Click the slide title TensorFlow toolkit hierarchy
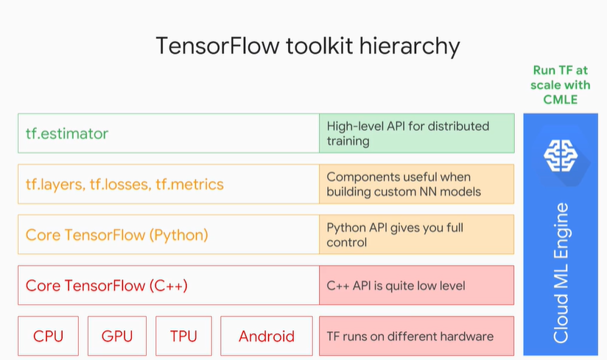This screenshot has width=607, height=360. pyautogui.click(x=308, y=46)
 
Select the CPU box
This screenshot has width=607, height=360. pyautogui.click(x=49, y=336)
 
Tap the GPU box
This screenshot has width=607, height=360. pyautogui.click(x=117, y=336)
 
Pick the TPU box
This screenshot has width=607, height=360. pyautogui.click(x=183, y=336)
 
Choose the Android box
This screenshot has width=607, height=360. pyautogui.click(x=267, y=336)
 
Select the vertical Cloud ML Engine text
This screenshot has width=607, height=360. pyautogui.click(x=561, y=272)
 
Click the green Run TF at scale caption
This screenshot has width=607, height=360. pyautogui.click(x=561, y=85)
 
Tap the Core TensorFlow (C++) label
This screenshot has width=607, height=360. pyautogui.click(x=107, y=286)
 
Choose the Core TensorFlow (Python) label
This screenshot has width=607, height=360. pyautogui.click(x=117, y=235)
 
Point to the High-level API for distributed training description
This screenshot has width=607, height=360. pyautogui.click(x=407, y=133)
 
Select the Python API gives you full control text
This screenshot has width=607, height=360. pyautogui.click(x=395, y=235)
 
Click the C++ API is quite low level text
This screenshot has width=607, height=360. pyautogui.click(x=396, y=286)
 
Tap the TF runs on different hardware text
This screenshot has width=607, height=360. pyautogui.click(x=410, y=336)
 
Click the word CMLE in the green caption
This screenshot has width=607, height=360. pyautogui.click(x=561, y=100)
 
